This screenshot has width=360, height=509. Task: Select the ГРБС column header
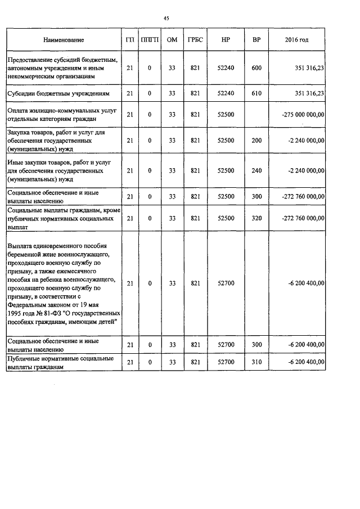pos(196,40)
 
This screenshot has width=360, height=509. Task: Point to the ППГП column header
pos(150,40)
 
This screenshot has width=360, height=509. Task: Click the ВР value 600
pos(256,68)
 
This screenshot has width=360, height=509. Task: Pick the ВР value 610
pos(256,93)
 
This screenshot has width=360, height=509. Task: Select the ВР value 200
pos(256,140)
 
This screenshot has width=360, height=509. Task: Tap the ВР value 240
pos(256,170)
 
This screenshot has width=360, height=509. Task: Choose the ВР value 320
pos(256,218)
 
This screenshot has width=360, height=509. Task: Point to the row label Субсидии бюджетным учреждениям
pos(61,93)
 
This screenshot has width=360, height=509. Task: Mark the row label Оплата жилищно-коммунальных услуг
pos(61,111)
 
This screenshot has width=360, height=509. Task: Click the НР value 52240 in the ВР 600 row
pos(226,68)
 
